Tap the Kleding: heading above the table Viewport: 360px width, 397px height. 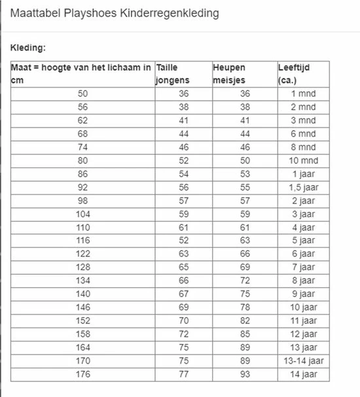tap(28, 48)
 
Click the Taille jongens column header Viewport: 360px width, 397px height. tap(173, 74)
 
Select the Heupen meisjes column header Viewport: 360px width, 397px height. tap(232, 74)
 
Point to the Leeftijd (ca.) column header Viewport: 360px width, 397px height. tap(296, 74)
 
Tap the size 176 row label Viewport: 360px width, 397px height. tap(82, 374)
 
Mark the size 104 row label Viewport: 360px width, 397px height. tap(82, 214)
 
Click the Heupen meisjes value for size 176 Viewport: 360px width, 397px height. tap(245, 374)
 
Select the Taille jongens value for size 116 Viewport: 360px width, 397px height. tap(184, 241)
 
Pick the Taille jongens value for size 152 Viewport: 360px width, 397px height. tap(184, 320)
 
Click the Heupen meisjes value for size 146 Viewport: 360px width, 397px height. tap(245, 307)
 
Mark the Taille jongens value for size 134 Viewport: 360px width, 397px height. tap(184, 281)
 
